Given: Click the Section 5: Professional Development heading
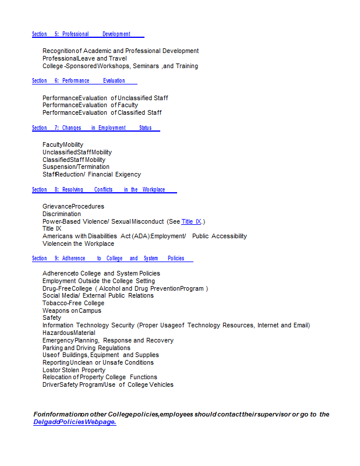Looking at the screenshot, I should (87, 34).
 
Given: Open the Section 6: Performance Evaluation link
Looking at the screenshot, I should (84, 81).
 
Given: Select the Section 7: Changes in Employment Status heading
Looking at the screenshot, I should (96, 128).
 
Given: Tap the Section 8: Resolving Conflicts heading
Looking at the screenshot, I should (104, 189).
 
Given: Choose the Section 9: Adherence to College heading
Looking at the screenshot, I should (112, 259).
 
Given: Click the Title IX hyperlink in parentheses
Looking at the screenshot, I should (191, 222).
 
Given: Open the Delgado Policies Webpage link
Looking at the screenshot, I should (75, 422).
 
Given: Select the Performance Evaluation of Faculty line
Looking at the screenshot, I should (90, 105).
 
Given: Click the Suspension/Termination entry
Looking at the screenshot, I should (76, 167).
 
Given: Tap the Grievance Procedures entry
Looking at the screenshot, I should (73, 207).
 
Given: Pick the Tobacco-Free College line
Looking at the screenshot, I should (73, 303).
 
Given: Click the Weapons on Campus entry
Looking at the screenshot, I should (72, 311).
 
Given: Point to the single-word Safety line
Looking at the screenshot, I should (52, 318).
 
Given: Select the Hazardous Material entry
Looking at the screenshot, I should (69, 333).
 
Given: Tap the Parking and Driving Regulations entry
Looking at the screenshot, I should (86, 348).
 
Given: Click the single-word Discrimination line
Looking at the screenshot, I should (62, 214).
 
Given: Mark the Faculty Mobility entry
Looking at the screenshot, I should (63, 144).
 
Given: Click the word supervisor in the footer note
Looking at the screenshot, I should (271, 415).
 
